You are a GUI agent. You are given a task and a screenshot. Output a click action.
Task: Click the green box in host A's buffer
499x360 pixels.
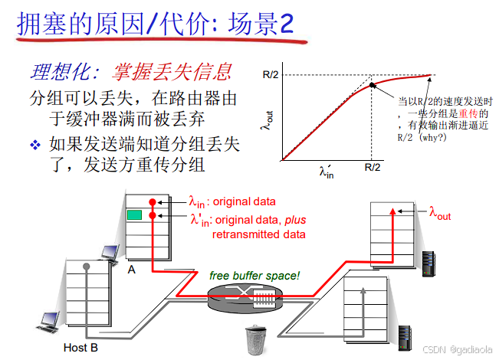134,216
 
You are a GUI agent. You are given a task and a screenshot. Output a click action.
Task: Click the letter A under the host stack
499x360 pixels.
131,268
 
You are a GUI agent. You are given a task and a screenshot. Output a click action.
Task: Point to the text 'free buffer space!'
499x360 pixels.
254,275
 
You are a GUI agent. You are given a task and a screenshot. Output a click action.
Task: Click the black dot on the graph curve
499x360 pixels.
373,84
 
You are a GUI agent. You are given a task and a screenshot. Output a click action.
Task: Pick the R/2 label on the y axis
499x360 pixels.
270,75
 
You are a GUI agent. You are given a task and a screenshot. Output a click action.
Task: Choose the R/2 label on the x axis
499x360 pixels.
373,167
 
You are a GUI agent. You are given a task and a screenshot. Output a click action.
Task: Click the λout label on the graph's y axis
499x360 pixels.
268,120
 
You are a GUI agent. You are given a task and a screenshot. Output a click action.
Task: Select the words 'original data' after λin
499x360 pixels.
244,202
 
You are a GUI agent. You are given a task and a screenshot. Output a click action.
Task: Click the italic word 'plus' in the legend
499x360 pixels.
296,221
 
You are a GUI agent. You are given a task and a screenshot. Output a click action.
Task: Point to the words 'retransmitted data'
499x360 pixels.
258,234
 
